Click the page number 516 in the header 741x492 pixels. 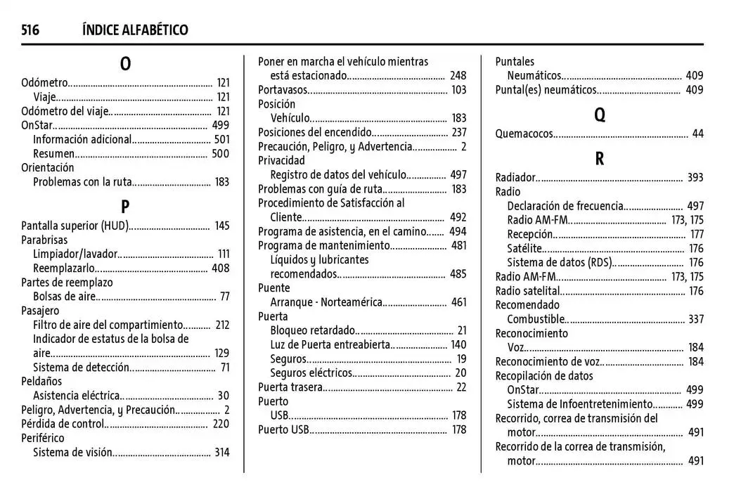pyautogui.click(x=30, y=30)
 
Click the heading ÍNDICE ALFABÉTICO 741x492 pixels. pyautogui.click(x=135, y=30)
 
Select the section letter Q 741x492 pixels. pyautogui.click(x=599, y=115)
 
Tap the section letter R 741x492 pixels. pyautogui.click(x=599, y=160)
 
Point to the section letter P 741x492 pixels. pyautogui.click(x=125, y=207)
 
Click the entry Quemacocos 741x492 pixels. pyautogui.click(x=524, y=134)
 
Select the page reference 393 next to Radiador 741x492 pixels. pyautogui.click(x=695, y=178)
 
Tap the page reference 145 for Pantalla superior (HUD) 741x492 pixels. pyautogui.click(x=222, y=226)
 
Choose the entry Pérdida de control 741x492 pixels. pyautogui.click(x=63, y=424)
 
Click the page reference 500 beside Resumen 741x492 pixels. pyautogui.click(x=221, y=154)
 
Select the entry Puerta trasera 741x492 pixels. pyautogui.click(x=290, y=387)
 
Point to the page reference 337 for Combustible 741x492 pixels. pyautogui.click(x=695, y=320)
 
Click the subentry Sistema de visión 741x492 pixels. pyautogui.click(x=72, y=453)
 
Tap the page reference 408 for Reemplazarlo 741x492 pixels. pyautogui.click(x=221, y=268)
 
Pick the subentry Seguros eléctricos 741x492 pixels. pyautogui.click(x=311, y=373)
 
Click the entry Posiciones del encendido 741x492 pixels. pyautogui.click(x=314, y=132)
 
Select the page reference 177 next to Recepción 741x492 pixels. pyautogui.click(x=696, y=234)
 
